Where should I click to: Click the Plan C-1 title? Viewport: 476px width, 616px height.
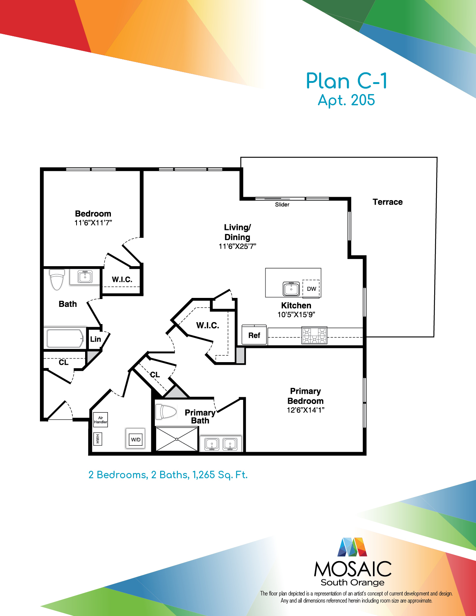tap(346, 81)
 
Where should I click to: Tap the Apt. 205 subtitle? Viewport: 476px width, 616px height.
tap(346, 100)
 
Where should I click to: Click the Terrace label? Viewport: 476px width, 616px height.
tap(388, 202)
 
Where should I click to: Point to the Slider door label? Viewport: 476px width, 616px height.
tap(282, 204)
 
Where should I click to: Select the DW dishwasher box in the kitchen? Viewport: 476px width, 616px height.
tap(311, 289)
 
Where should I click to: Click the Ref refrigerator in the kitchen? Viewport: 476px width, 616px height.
tap(254, 335)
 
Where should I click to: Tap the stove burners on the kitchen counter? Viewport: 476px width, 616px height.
tap(314, 336)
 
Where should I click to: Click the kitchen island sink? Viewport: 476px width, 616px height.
tap(291, 289)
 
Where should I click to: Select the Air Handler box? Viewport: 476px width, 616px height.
tap(100, 420)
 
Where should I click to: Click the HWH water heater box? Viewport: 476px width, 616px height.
tap(97, 439)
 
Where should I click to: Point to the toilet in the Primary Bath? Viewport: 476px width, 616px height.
tap(166, 412)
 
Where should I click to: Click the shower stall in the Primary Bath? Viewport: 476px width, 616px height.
tap(177, 439)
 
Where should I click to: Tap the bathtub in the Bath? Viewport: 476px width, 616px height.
tap(65, 338)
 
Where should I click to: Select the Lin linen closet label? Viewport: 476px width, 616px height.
tap(96, 339)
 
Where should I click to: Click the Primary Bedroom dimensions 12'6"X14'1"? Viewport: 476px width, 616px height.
tap(306, 410)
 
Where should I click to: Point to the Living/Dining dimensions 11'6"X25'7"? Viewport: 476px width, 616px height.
tap(237, 246)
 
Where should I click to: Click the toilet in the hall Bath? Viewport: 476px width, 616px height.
tap(57, 280)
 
